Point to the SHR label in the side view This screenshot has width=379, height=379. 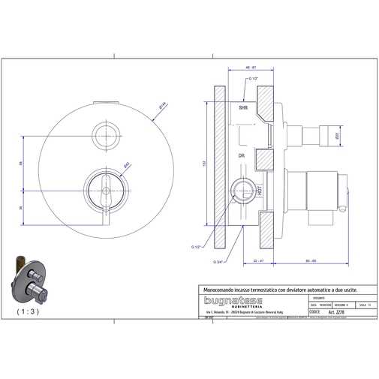[243, 109]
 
